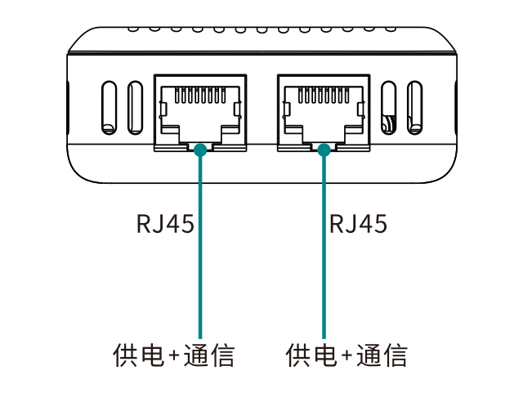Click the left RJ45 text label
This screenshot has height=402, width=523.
tap(166, 223)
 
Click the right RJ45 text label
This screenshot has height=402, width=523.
tap(358, 223)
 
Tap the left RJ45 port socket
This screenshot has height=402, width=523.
tap(200, 111)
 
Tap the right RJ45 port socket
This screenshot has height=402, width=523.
tap(324, 111)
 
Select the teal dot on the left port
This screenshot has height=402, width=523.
tap(200, 150)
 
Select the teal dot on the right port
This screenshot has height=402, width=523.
tap(324, 150)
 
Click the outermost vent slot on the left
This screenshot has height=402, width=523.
tap(107, 107)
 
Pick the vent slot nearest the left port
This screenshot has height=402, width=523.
tap(136, 107)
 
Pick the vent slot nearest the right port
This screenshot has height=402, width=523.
tap(389, 107)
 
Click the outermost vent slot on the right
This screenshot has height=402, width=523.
tap(414, 107)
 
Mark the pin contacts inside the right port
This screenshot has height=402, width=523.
tap(324, 95)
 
